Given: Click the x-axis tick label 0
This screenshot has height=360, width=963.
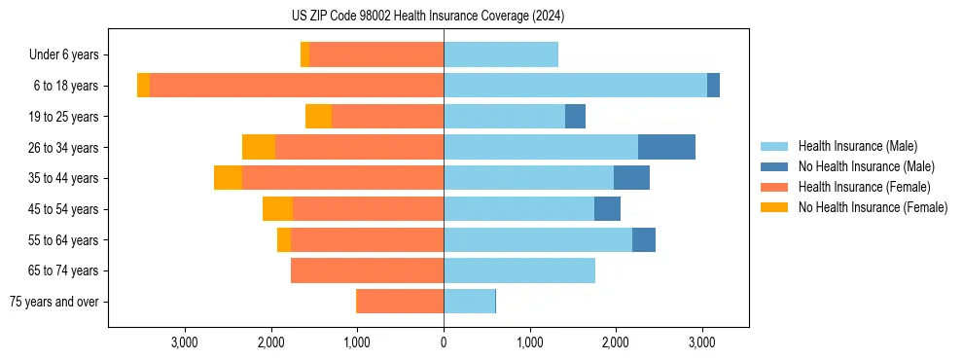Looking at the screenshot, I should tap(444, 342).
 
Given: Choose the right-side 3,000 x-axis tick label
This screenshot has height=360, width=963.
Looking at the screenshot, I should tap(702, 342).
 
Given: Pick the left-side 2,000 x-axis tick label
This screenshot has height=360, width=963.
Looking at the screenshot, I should tap(270, 342).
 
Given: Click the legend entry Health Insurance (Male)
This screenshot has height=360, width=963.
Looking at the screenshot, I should tap(857, 146).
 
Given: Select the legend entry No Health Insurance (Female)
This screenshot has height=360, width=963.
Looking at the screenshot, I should tap(873, 207).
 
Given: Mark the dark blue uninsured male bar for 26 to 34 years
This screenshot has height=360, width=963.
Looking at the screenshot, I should tap(666, 147).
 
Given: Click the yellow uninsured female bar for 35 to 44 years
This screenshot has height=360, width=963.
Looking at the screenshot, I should tap(228, 178).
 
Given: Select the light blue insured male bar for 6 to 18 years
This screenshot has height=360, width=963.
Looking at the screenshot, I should tap(575, 86).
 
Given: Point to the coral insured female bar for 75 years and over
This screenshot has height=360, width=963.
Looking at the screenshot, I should tap(400, 302).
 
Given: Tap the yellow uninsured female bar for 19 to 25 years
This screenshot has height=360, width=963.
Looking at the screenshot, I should tap(318, 117).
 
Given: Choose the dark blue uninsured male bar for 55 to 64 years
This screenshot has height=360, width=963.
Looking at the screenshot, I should tap(643, 239).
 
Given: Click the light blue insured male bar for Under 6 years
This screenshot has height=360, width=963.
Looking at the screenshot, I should tap(501, 55).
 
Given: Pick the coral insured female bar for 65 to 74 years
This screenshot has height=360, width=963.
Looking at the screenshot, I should tap(367, 270).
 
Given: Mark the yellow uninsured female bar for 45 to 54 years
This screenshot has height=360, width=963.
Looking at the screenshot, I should tap(277, 209).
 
